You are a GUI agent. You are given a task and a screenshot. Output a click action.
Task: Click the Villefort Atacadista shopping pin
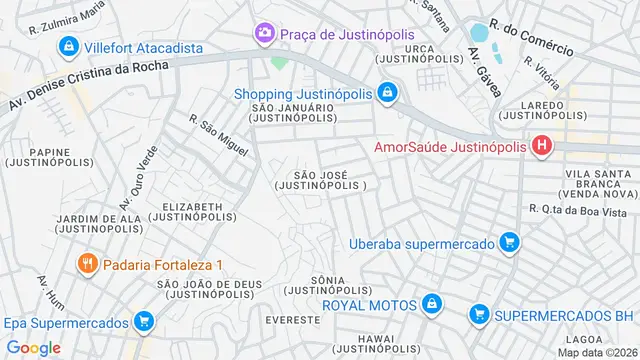point(69,47)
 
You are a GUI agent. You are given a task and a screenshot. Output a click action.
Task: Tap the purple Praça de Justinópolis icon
point(265,34)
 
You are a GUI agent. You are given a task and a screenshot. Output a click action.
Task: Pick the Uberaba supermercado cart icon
point(510,243)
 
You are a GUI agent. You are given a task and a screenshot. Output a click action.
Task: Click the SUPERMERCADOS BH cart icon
point(480,316)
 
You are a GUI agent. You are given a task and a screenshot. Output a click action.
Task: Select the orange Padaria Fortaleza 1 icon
point(87,265)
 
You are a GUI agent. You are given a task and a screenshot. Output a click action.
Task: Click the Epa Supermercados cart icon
point(144,322)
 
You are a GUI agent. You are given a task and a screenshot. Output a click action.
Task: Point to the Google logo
point(33,347)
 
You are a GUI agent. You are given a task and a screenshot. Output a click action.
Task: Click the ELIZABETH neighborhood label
point(198,212)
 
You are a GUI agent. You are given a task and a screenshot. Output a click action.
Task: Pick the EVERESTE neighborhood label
point(293,319)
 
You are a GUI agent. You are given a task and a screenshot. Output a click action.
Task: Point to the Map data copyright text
point(597,352)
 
